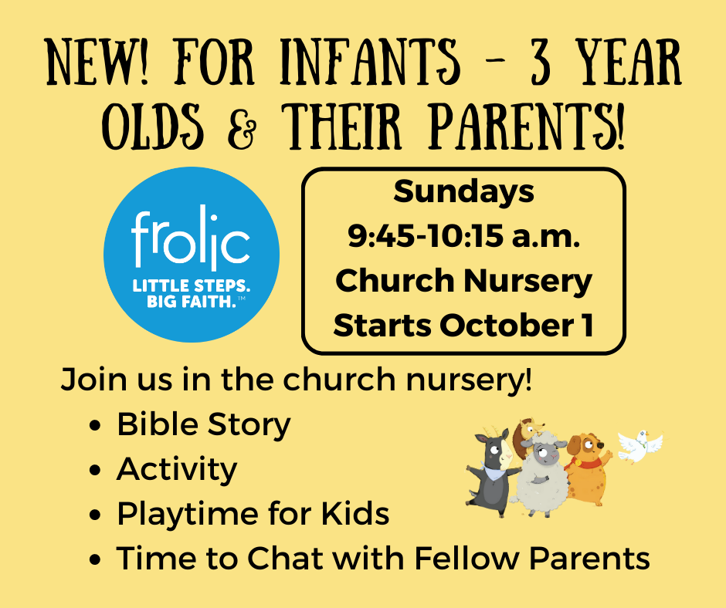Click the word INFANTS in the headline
[370, 62]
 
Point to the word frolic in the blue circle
[191, 239]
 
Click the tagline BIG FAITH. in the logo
[189, 302]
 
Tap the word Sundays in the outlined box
[463, 192]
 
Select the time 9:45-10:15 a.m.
[463, 236]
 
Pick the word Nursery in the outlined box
[528, 282]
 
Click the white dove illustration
[640, 446]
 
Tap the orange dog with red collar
[588, 468]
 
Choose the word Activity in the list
[176, 469]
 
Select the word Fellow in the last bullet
[466, 558]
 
